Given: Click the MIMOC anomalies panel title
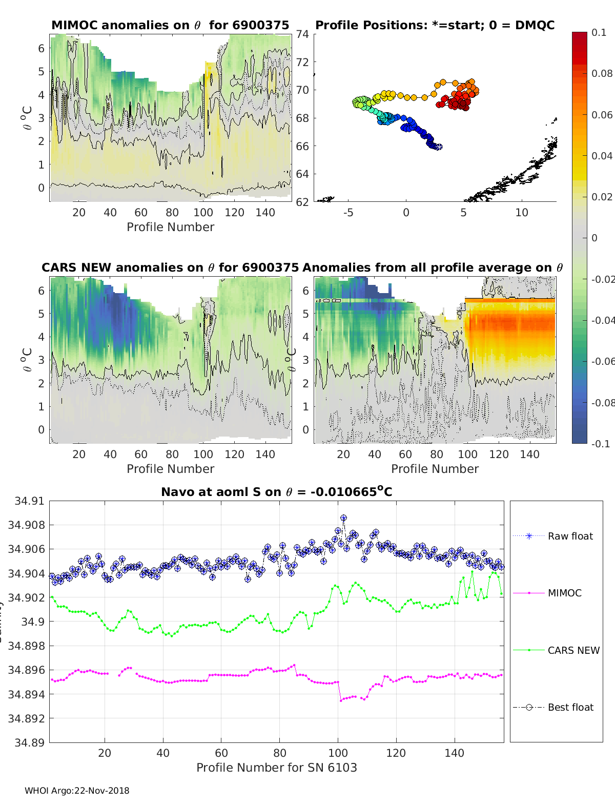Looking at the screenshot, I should [x=170, y=25].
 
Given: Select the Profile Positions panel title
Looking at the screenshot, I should [x=435, y=25].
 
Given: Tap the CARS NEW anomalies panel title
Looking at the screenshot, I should [x=170, y=267].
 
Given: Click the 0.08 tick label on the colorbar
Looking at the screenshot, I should [x=602, y=73].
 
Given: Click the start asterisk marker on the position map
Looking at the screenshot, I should [x=439, y=147].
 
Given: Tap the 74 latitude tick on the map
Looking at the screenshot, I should [x=302, y=34].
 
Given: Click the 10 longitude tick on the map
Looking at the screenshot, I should [x=521, y=213].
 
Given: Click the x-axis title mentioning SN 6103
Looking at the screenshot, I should [x=276, y=768].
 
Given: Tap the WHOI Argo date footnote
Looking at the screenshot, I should [x=77, y=791].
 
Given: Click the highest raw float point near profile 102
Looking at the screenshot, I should [x=343, y=518].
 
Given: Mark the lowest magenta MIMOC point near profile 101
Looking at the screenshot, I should [x=341, y=700].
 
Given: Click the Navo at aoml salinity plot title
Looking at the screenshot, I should [x=276, y=492].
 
